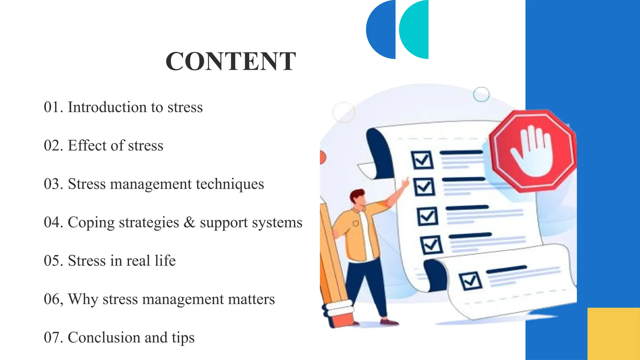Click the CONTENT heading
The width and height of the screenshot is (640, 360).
(x=231, y=62)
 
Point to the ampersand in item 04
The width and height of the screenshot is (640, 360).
(x=189, y=222)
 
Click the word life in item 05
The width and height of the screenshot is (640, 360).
(x=165, y=261)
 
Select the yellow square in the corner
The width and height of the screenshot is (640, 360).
(x=613, y=333)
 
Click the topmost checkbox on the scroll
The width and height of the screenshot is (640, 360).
(x=422, y=160)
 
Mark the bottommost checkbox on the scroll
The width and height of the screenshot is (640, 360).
(x=470, y=280)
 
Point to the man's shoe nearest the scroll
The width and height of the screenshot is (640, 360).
(x=389, y=322)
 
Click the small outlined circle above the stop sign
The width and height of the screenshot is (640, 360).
(x=481, y=94)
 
